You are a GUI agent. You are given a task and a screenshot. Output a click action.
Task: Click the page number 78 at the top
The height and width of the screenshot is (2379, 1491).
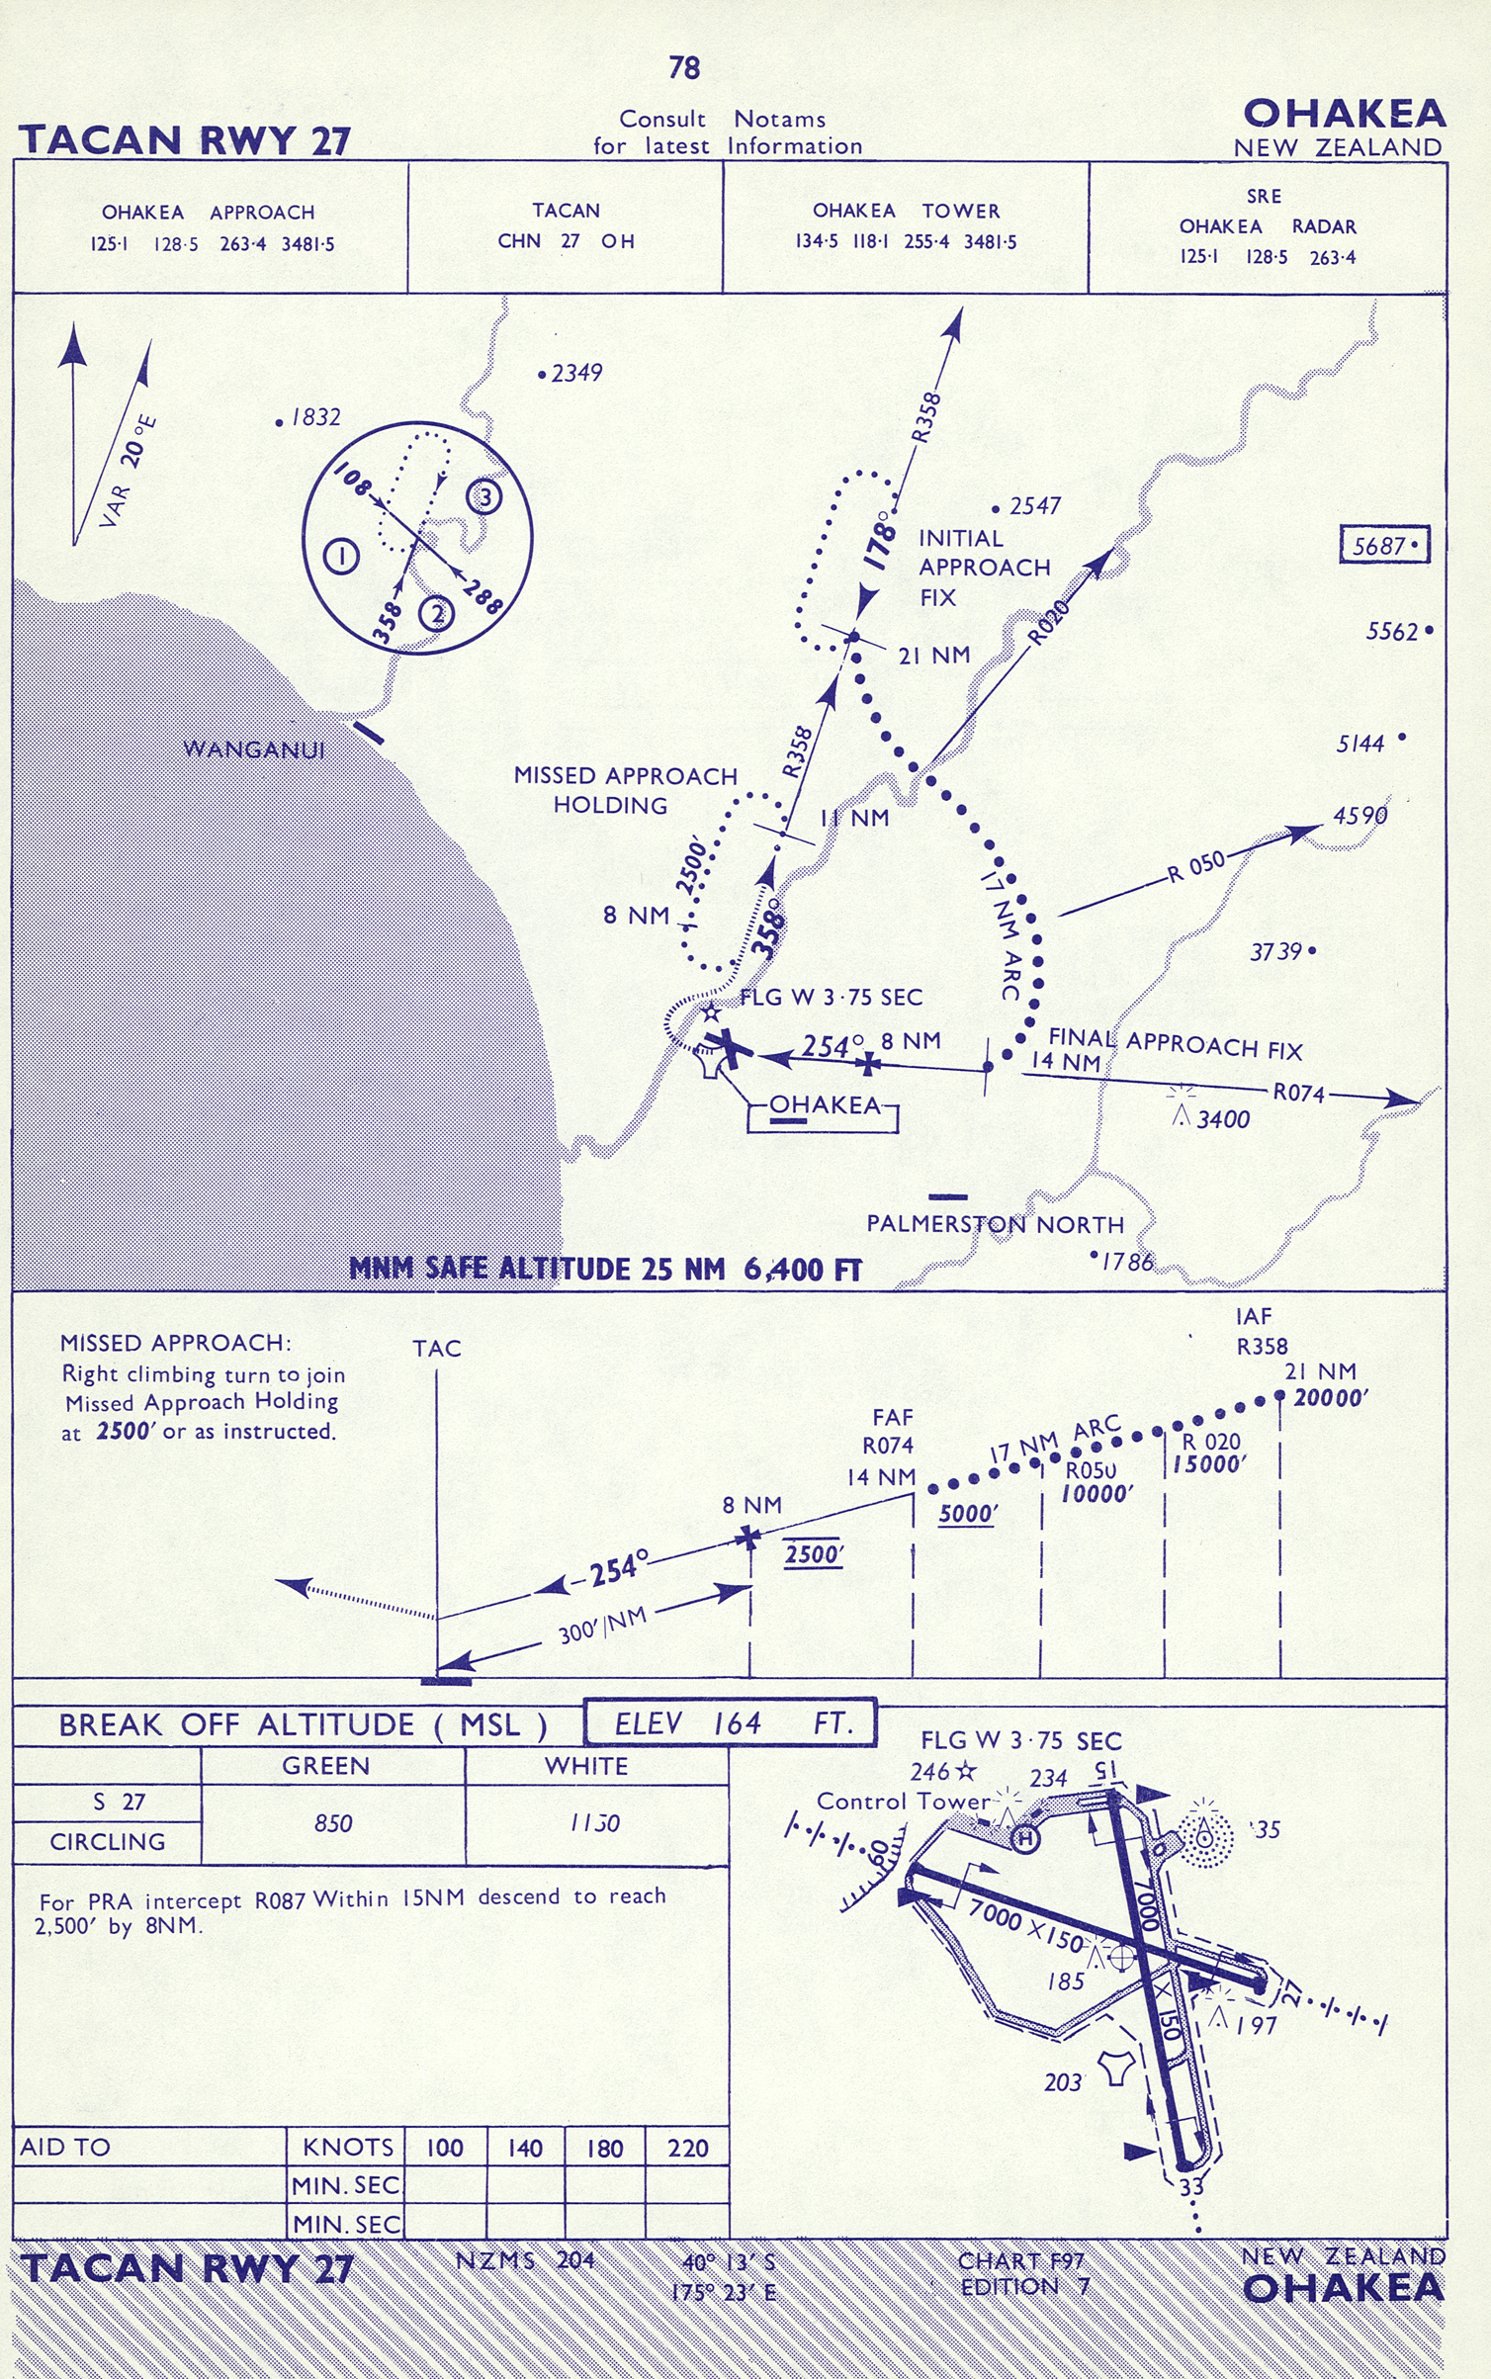(684, 67)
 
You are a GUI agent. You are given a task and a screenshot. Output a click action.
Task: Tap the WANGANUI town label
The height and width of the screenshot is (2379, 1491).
(254, 749)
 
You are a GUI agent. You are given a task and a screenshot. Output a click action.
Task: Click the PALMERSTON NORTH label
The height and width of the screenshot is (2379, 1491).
(995, 1224)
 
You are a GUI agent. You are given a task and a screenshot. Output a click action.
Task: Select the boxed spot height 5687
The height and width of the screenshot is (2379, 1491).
(1384, 545)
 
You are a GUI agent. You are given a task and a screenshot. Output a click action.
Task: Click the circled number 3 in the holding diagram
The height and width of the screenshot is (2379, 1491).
(484, 496)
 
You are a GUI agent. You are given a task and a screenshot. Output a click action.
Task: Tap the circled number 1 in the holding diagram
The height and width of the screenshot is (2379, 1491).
(342, 556)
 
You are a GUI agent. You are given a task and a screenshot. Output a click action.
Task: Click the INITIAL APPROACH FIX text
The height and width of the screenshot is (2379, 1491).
(983, 568)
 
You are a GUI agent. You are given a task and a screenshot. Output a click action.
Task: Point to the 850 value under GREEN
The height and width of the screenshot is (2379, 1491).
(333, 1823)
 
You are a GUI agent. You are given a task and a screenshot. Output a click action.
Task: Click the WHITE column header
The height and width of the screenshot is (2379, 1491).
(586, 1766)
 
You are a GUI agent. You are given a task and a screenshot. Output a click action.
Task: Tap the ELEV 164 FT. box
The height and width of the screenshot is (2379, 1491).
(730, 1724)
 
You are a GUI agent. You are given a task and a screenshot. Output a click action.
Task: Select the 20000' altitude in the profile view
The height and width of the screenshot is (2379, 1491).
(1331, 1397)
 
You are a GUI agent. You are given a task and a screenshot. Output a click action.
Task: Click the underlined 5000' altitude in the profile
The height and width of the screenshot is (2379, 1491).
(967, 1514)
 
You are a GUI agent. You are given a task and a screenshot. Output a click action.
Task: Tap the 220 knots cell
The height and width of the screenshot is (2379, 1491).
(687, 2148)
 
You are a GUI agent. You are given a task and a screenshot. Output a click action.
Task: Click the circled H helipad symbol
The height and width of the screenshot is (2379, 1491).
(1026, 1838)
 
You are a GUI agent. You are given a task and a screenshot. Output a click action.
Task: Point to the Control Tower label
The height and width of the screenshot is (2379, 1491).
(903, 1802)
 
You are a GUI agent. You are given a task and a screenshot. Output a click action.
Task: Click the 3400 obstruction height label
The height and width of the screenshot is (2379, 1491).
(1223, 1119)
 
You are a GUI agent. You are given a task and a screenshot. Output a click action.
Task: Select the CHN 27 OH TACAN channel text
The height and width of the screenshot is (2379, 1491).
(566, 241)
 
